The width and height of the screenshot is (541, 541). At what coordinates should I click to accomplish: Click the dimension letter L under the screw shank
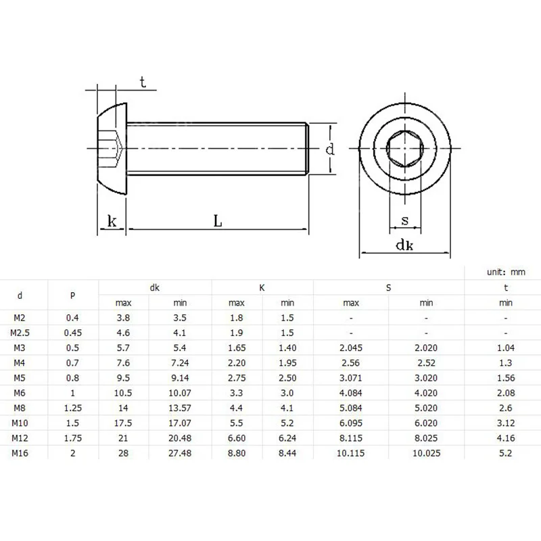(x=218, y=221)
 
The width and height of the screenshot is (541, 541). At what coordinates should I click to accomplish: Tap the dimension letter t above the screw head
(x=143, y=82)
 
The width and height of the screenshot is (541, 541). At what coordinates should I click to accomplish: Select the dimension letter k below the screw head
(x=112, y=221)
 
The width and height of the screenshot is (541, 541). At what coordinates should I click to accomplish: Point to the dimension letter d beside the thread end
(x=330, y=149)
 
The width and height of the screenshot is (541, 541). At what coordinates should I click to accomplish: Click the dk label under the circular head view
(x=404, y=245)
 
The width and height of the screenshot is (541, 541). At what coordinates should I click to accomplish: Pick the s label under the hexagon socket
(x=405, y=220)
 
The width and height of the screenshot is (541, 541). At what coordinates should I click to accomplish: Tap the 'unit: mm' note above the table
(x=506, y=273)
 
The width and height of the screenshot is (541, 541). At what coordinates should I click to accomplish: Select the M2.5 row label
(x=20, y=333)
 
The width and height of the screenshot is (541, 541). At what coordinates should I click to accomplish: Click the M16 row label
(x=20, y=453)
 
